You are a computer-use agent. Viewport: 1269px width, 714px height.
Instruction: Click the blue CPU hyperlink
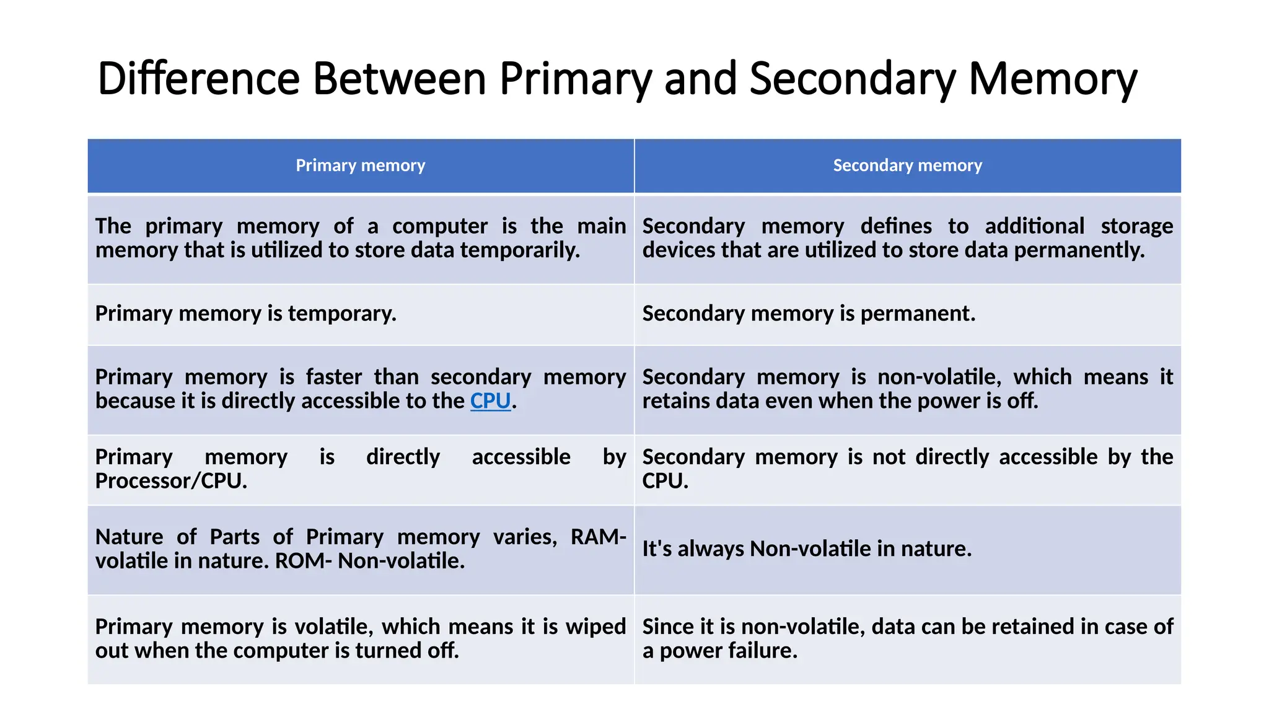point(490,401)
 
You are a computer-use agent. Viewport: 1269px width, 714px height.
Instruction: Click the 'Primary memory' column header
point(360,165)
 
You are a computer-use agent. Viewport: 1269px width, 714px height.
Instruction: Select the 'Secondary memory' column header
point(907,165)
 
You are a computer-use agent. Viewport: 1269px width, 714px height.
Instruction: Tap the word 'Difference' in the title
point(198,79)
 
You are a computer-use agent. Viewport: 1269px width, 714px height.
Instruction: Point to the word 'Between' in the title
point(399,79)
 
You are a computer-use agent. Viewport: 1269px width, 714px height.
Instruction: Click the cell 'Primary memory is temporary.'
point(245,314)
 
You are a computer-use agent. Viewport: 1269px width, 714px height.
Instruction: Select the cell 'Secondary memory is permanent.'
point(808,314)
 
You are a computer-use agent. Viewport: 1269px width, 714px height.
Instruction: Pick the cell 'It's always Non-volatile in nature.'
point(806,549)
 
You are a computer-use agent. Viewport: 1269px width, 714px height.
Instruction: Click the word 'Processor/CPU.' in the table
point(171,481)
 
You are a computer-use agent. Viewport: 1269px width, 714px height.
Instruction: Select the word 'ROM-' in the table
point(304,561)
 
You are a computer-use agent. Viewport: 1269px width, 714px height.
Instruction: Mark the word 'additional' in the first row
point(1034,226)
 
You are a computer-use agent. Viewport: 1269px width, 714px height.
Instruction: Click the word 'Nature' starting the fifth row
point(129,537)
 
